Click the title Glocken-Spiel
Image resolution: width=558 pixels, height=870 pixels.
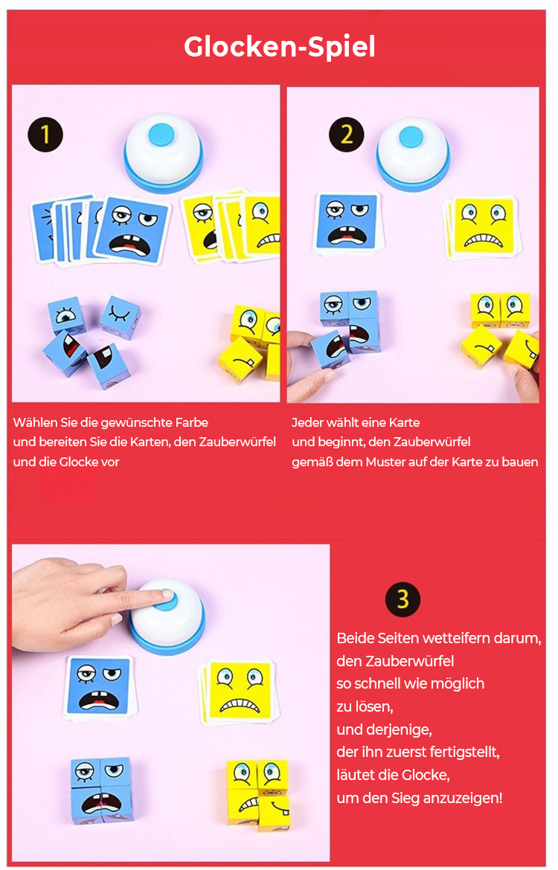279,47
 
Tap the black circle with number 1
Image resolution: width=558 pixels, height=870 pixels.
45,135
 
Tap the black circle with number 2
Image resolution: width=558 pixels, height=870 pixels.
347,135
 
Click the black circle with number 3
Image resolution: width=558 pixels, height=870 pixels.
403,599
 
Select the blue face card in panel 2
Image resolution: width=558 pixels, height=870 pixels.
347,222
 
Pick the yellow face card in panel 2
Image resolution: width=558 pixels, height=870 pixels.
483,226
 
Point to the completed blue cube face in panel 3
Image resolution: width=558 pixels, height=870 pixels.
102,790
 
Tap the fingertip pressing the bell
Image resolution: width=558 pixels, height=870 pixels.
165,595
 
